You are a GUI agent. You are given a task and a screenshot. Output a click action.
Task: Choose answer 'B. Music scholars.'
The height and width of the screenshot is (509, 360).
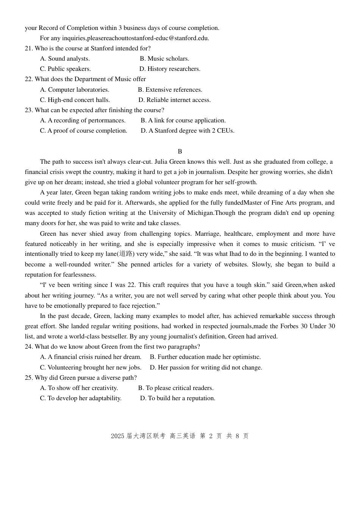coord(164,59)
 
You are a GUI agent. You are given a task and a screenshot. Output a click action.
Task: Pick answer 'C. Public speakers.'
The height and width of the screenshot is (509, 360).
coord(66,69)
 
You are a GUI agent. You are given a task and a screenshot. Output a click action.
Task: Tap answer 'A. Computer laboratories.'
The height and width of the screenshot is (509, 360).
coord(75,90)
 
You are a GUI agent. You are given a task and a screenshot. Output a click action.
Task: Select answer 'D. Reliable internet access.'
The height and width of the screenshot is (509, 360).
coord(174,100)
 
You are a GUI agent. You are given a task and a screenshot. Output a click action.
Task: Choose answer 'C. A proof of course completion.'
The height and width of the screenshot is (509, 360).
coord(84,131)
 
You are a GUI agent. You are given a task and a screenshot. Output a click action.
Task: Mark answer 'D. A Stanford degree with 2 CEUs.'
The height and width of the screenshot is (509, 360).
coord(188,131)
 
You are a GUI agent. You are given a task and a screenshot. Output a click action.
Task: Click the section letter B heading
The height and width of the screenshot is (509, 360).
coord(180,152)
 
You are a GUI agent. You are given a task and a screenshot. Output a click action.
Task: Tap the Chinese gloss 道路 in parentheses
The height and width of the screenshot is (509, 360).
coord(126,254)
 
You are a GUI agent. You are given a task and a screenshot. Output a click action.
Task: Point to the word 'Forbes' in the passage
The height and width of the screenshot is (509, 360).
coord(290,326)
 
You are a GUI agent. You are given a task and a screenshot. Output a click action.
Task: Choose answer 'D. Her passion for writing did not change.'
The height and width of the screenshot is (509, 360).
coord(206,368)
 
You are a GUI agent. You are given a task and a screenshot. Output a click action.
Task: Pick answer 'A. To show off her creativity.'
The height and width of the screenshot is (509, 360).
coord(79,388)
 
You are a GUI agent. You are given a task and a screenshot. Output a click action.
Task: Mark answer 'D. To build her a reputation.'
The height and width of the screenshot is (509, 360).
coord(178,398)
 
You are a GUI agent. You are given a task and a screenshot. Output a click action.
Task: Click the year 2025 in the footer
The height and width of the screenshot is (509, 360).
coord(117,436)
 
